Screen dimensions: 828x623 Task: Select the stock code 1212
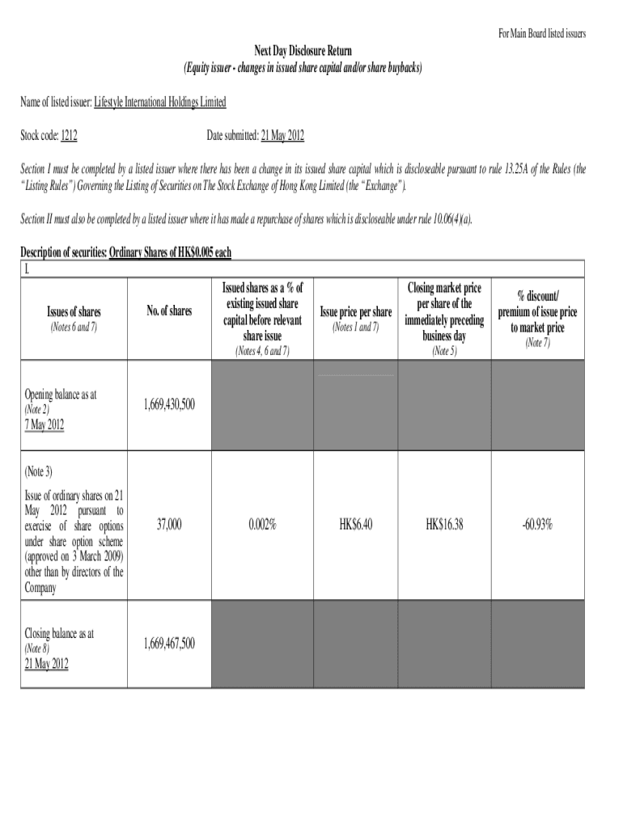tap(69, 137)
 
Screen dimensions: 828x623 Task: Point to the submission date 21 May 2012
tap(282, 137)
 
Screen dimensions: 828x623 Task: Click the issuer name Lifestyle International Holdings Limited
tap(159, 102)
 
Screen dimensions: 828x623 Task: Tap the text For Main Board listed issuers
tap(541, 34)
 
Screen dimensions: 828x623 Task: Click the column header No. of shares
tap(169, 311)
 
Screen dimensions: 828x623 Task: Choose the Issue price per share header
tap(356, 312)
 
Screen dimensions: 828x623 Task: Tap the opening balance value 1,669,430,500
tap(169, 404)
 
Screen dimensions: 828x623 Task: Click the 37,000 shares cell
tap(169, 525)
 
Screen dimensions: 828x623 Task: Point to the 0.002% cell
tap(262, 525)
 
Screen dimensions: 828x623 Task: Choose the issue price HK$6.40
tap(356, 525)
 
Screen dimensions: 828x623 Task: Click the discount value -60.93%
tap(537, 525)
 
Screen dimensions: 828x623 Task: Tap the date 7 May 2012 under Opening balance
tap(46, 425)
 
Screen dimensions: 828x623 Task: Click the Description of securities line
tap(125, 252)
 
